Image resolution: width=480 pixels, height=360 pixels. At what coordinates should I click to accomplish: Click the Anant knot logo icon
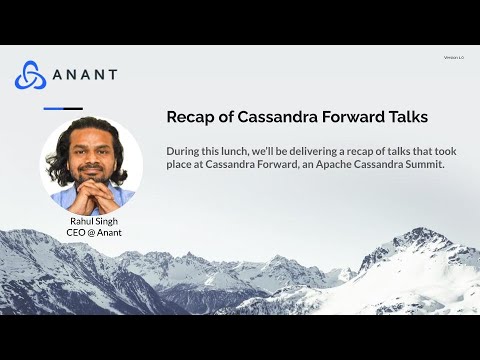click(x=30, y=75)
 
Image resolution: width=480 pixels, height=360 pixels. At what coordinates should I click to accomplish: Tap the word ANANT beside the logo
click(x=84, y=75)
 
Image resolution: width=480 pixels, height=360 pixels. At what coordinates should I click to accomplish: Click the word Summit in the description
click(x=424, y=164)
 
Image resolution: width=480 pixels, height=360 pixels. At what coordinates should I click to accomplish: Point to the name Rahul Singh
click(x=93, y=221)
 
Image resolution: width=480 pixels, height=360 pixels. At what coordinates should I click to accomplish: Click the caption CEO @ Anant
click(x=93, y=233)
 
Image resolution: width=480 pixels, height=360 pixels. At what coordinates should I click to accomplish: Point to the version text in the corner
click(x=452, y=58)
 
